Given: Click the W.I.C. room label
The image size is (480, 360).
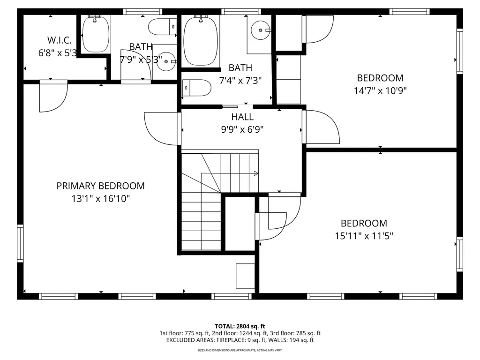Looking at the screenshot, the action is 60,40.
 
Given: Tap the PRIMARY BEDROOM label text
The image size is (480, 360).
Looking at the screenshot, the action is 100,186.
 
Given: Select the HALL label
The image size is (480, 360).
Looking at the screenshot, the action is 242,117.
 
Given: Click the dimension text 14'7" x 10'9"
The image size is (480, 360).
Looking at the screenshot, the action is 380,90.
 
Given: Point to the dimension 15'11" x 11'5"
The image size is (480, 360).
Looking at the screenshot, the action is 364,236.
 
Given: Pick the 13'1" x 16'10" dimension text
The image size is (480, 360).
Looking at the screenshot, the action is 100,199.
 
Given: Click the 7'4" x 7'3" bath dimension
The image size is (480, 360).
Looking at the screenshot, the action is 240,81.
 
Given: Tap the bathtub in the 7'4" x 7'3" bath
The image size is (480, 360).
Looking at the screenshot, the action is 201,41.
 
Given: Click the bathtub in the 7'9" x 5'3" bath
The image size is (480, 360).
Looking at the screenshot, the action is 96,34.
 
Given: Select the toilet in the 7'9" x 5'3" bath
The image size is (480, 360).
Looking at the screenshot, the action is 162,27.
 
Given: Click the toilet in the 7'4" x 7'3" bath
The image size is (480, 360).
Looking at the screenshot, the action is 196,88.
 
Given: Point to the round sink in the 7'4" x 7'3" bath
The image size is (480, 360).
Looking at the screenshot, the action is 261,30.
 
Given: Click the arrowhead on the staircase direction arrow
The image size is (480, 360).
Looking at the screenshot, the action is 256,173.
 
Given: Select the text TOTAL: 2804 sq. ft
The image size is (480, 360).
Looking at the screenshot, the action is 240,326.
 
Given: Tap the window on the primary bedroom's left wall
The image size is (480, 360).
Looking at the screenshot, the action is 20,243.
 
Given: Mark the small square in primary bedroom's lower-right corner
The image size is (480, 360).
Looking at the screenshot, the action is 245,276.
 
